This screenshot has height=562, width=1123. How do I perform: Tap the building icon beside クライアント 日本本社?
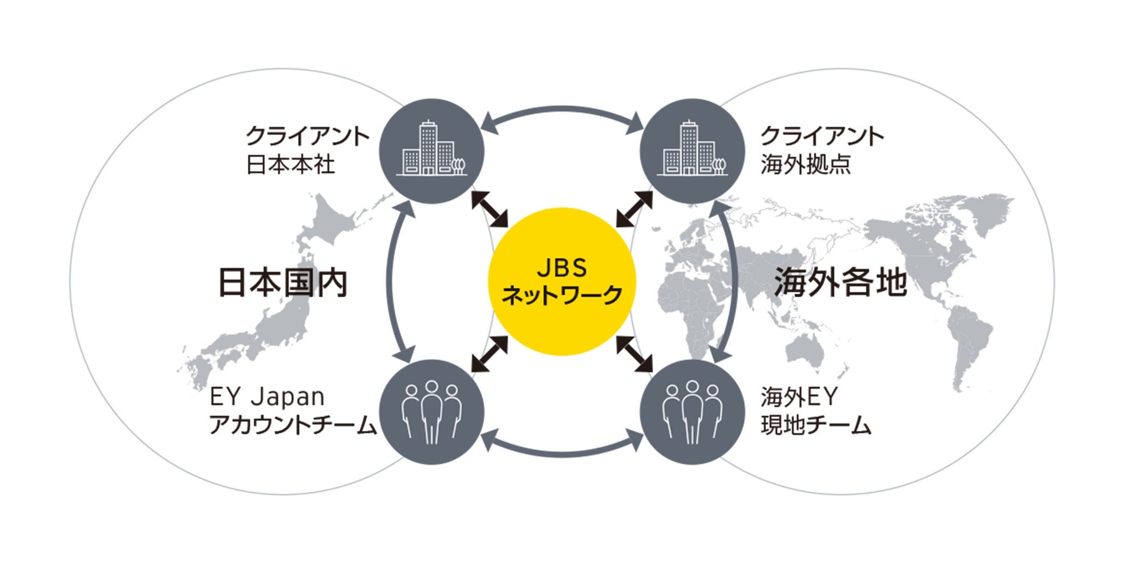[x=433, y=151]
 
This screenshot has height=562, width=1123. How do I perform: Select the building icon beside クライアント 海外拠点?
[x=693, y=151]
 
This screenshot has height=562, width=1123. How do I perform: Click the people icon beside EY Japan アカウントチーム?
[x=433, y=412]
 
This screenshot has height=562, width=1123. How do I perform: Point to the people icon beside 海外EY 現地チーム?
[x=693, y=412]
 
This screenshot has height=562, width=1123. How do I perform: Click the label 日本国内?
[x=283, y=283]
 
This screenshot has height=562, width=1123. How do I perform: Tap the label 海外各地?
[x=840, y=283]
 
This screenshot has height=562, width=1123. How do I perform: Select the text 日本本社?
[x=291, y=164]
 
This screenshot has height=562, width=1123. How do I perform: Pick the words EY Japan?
[x=267, y=397]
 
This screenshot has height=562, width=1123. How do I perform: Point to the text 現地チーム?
[x=816, y=426]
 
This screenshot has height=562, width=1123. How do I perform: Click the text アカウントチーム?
[x=293, y=426]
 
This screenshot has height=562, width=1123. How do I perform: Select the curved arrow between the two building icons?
[x=563, y=110]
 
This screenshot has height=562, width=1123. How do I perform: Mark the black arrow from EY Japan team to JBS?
[x=490, y=354]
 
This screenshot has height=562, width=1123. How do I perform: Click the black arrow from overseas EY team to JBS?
[x=634, y=354]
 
